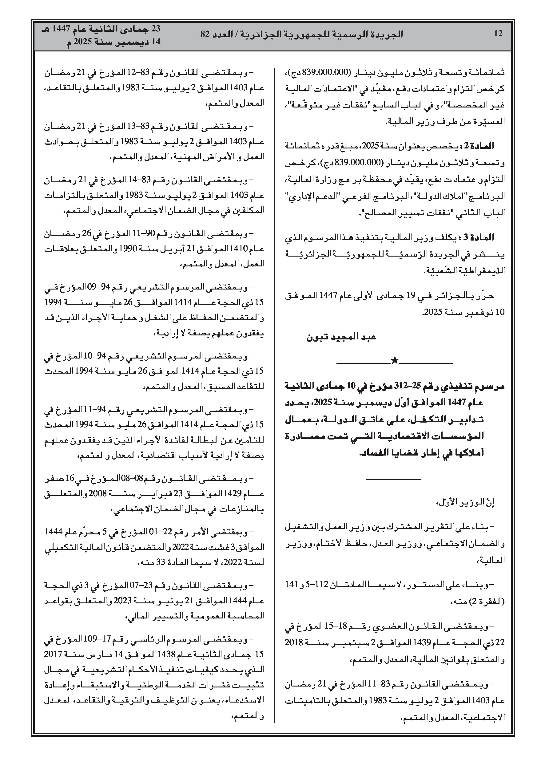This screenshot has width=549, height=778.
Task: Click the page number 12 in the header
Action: click(x=498, y=34)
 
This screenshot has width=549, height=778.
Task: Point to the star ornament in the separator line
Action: click(x=394, y=361)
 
